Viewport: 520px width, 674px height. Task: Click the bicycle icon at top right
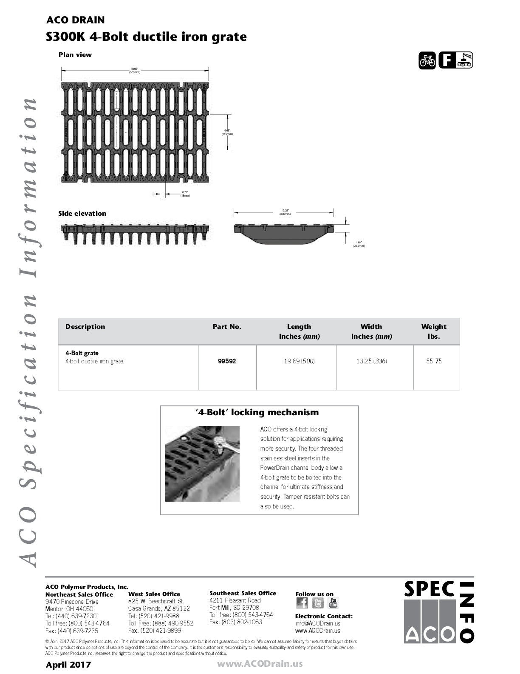(427, 60)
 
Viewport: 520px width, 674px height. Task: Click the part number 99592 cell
(227, 361)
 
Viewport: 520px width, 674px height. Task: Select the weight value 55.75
(434, 361)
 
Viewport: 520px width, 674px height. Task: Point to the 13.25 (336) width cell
(371, 361)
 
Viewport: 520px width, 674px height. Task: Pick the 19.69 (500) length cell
(299, 361)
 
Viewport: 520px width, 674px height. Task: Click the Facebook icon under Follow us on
(302, 603)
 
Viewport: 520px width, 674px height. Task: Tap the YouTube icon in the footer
(333, 603)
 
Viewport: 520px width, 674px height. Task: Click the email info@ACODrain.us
(317, 624)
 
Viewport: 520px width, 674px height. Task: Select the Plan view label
(75, 55)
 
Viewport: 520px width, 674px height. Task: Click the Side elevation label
(82, 214)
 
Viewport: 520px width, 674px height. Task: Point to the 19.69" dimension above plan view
(135, 70)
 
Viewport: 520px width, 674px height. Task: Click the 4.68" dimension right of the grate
(227, 132)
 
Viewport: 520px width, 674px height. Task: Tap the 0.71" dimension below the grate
(185, 194)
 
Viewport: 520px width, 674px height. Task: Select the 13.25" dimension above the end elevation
(284, 212)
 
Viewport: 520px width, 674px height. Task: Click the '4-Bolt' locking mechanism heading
(257, 412)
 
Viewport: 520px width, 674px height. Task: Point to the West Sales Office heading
(154, 594)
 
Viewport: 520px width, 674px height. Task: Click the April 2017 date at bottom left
(68, 665)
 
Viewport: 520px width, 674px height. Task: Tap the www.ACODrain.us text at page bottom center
(260, 664)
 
